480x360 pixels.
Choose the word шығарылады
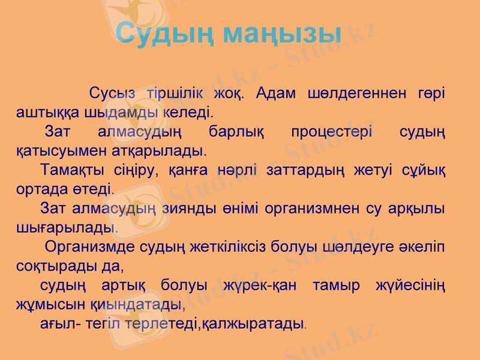coord(65,227)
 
